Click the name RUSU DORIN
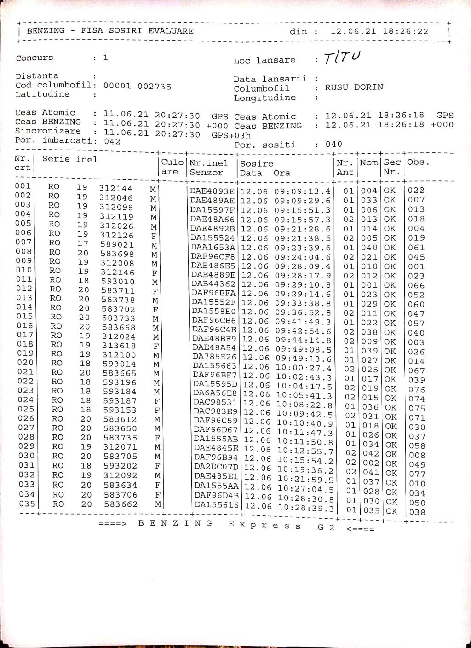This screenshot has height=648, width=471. pos(354,87)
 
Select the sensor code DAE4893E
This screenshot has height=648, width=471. pos(213,191)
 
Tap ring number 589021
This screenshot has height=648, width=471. pos(117,244)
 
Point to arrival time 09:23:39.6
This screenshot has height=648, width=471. pos(303,248)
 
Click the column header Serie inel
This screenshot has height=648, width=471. pos(70,159)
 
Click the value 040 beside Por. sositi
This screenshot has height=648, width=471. pos(333,144)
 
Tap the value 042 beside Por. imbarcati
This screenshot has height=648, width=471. pos(112,141)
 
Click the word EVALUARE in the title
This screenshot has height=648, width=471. pos(171,31)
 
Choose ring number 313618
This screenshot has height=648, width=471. pos(119,346)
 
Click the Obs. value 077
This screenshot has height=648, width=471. pos(417,474)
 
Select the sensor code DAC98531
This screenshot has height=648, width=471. pos(215,402)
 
